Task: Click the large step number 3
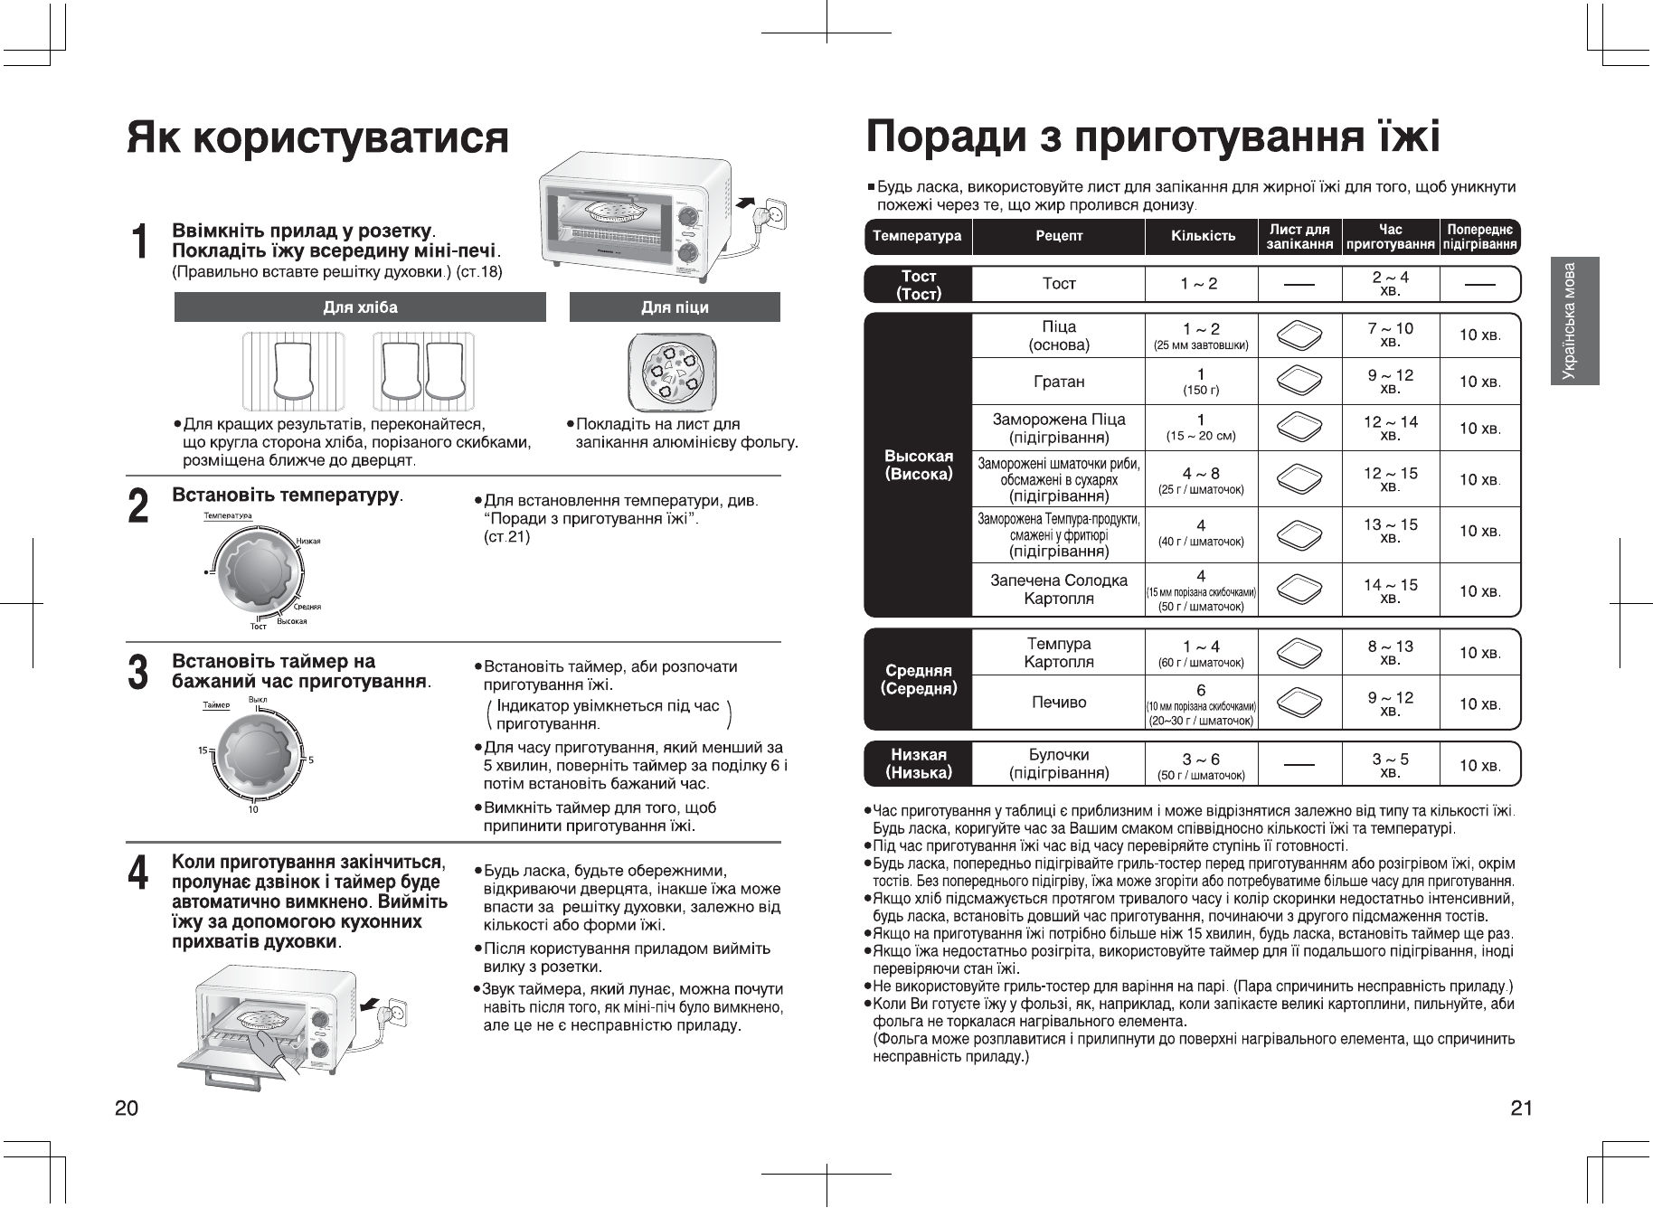[138, 674]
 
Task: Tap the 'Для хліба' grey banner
[360, 307]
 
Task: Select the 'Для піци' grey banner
[675, 307]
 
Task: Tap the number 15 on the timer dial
[203, 750]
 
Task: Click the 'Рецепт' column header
[1059, 236]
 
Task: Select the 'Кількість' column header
[1203, 236]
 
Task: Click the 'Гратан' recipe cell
[1059, 382]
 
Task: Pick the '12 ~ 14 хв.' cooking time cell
[1390, 428]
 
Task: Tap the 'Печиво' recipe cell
[1059, 703]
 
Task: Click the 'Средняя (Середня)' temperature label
[919, 679]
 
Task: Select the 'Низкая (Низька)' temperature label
[919, 764]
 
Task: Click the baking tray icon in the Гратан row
[1299, 381]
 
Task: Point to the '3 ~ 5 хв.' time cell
[1390, 765]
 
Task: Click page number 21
[1521, 1109]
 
